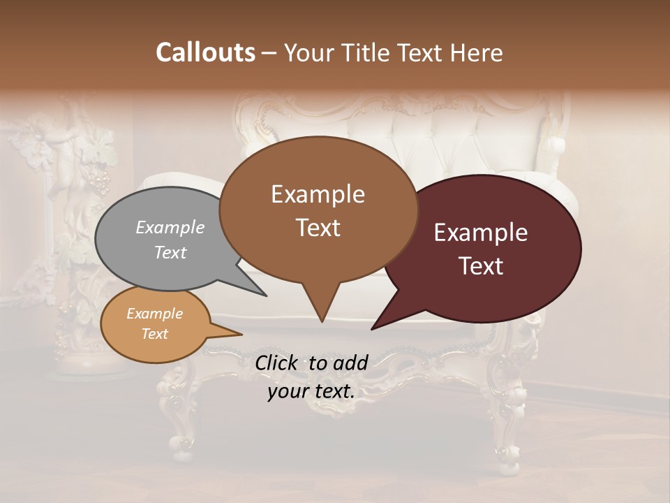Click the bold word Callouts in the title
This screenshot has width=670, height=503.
coord(205,52)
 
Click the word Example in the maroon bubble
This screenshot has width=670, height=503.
coord(481,233)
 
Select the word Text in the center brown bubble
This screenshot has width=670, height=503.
coord(318,228)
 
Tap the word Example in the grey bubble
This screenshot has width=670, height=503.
coord(170,228)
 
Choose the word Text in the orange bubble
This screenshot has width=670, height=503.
coord(155,334)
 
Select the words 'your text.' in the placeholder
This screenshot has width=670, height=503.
coord(311,391)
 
